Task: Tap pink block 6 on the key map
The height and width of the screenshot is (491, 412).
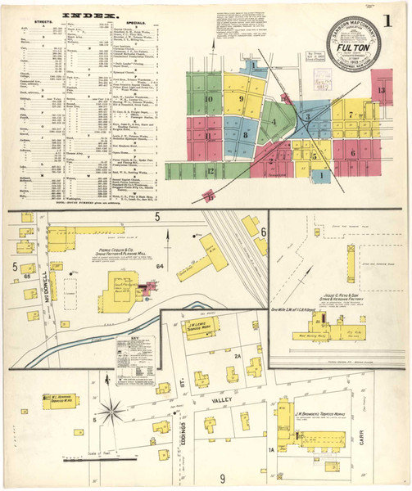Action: point(353,152)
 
